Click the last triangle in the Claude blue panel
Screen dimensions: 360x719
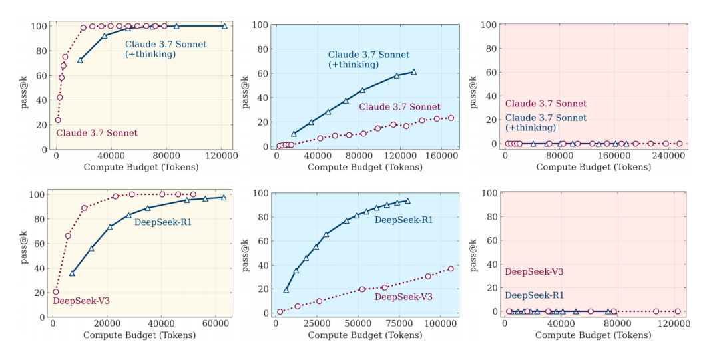pyautogui.click(x=413, y=72)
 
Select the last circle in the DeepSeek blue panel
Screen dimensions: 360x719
pyautogui.click(x=451, y=269)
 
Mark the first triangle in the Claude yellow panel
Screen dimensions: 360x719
pyautogui.click(x=80, y=60)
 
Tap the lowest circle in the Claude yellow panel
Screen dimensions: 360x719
pyautogui.click(x=58, y=120)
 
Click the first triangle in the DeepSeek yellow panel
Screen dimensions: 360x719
pyautogui.click(x=72, y=273)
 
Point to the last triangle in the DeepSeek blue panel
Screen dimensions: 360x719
pyautogui.click(x=407, y=200)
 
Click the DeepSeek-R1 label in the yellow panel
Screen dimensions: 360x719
pyautogui.click(x=163, y=222)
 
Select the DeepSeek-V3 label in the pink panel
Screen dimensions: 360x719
pyautogui.click(x=534, y=271)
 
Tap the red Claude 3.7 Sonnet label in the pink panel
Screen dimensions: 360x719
pyautogui.click(x=546, y=104)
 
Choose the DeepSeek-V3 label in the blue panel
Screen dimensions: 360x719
pyautogui.click(x=404, y=297)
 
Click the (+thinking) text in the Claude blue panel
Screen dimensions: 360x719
pyautogui.click(x=354, y=65)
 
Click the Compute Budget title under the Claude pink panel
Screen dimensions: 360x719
pyautogui.click(x=585, y=167)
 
